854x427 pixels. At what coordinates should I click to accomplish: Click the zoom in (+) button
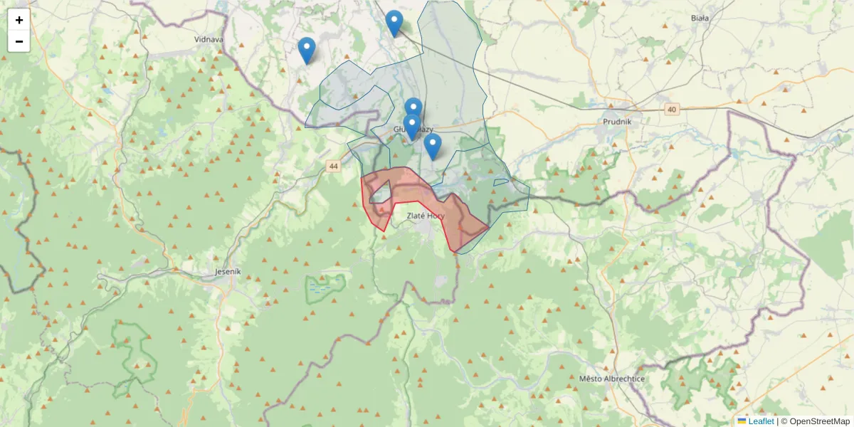[19, 20]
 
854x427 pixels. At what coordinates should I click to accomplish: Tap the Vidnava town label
[209, 39]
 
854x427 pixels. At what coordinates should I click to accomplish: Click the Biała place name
[700, 19]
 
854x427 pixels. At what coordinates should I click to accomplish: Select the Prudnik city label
[617, 120]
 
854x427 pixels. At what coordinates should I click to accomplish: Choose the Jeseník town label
[228, 272]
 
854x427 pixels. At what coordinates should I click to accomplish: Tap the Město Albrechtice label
[612, 379]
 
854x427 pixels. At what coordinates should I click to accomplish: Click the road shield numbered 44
[333, 166]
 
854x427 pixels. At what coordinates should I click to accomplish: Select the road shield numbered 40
[672, 109]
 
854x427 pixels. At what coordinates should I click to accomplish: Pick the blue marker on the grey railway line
[394, 23]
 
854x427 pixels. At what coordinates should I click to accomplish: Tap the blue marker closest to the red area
[432, 146]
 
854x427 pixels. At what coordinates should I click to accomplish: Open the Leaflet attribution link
[761, 421]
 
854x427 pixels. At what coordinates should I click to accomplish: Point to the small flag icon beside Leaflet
[742, 421]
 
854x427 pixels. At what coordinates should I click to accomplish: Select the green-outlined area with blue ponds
[325, 288]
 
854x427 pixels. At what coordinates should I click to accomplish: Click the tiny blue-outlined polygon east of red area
[500, 182]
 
